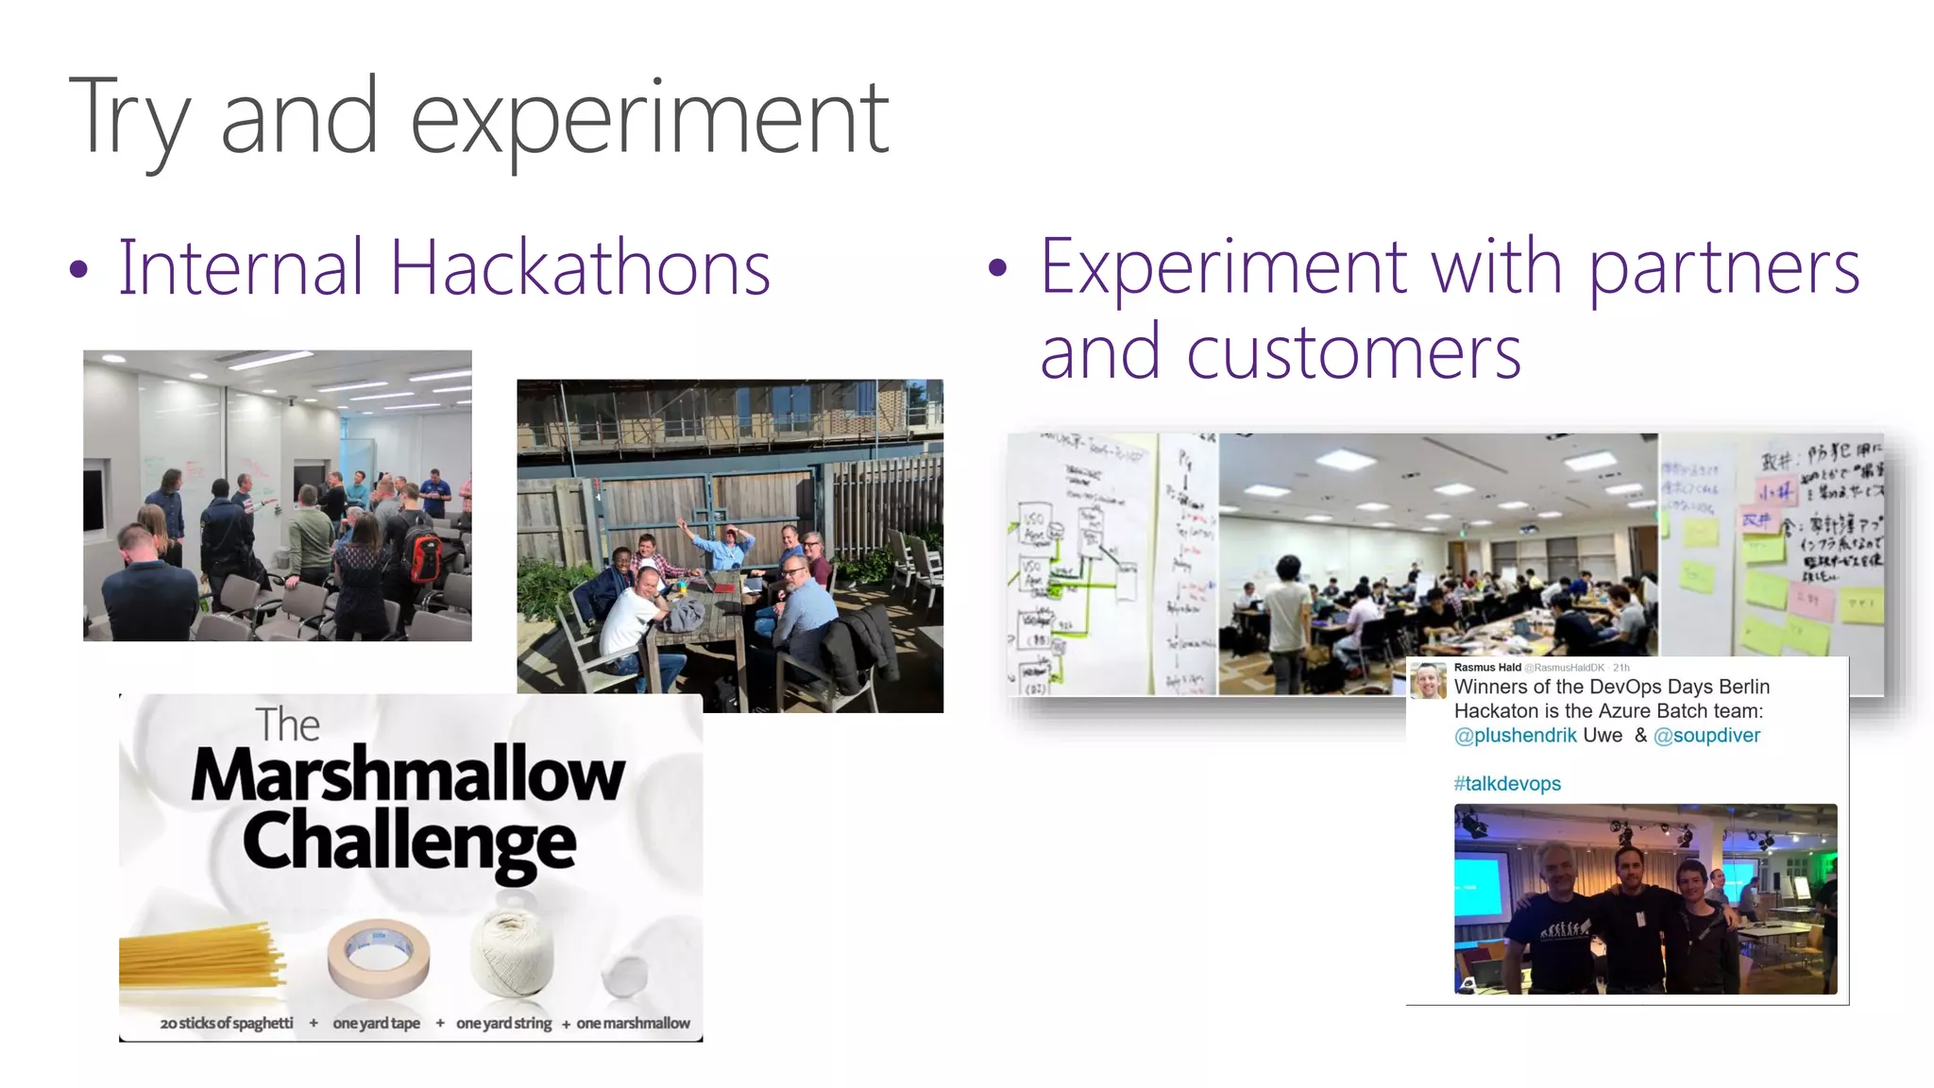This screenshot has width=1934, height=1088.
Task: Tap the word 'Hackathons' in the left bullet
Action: [x=580, y=268]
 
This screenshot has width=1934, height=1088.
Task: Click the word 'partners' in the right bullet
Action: [x=1724, y=268]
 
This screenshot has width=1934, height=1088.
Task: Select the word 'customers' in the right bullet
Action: [x=1352, y=353]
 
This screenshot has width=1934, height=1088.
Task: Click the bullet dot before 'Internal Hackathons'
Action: [x=78, y=270]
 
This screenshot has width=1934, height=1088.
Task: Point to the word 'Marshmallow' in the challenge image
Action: [x=408, y=774]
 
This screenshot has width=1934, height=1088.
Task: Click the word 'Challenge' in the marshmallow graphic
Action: [x=409, y=841]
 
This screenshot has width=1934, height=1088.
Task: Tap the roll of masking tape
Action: [x=379, y=958]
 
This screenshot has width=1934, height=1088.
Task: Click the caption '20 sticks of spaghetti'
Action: [x=227, y=1023]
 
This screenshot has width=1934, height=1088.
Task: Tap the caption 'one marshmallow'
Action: [x=633, y=1023]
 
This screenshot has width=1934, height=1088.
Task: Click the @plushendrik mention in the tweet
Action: [x=1515, y=736]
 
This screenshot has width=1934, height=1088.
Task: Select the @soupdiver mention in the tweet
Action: [x=1706, y=736]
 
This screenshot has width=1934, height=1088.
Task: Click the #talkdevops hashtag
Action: [x=1507, y=784]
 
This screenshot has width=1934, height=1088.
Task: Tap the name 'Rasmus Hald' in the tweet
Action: [x=1486, y=668]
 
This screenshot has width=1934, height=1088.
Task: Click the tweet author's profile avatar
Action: [x=1428, y=680]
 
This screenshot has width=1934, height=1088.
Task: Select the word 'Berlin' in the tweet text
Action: [x=1743, y=687]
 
